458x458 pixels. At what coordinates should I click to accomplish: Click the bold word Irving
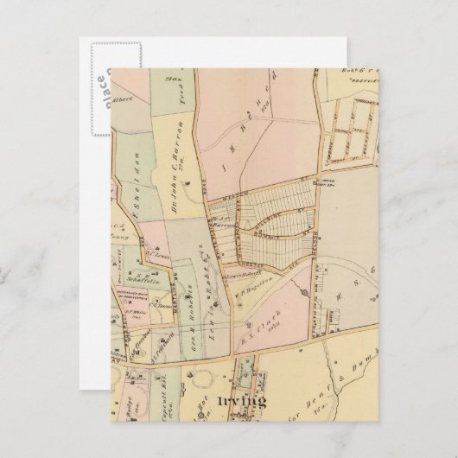click(x=242, y=401)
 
